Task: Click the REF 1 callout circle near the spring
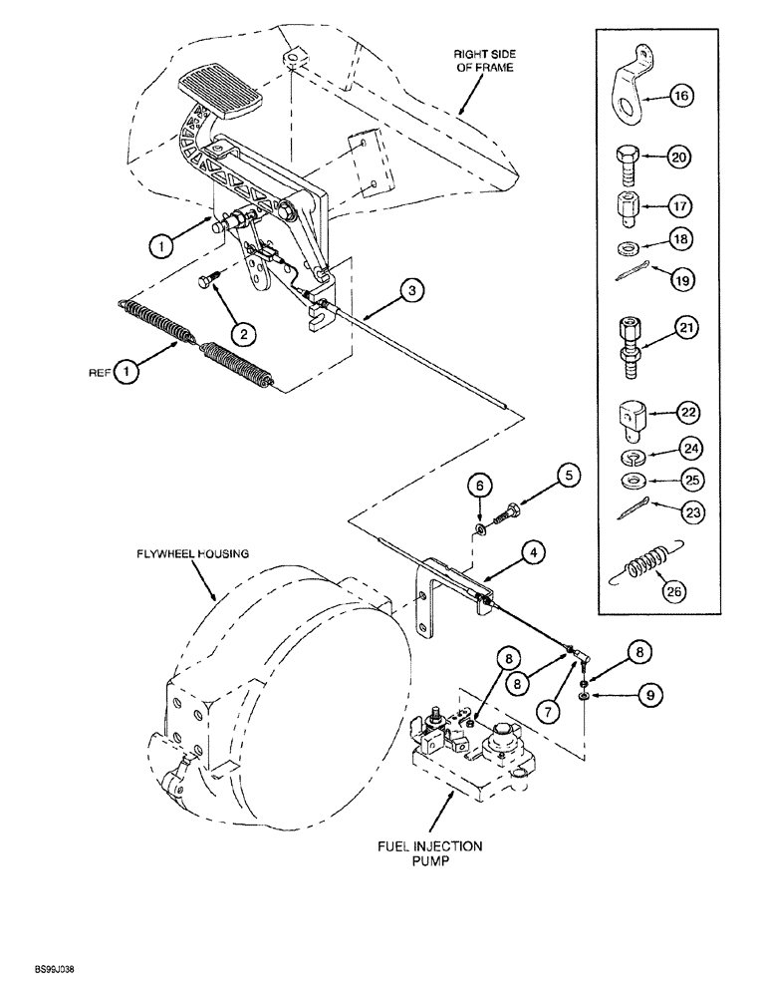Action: point(127,373)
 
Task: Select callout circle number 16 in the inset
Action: point(679,96)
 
